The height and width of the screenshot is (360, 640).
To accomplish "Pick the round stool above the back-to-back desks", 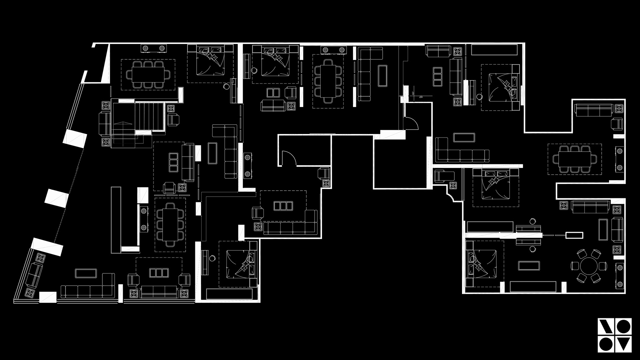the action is [x=532, y=221].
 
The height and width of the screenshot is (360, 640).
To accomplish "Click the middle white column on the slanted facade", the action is [x=57, y=199].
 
